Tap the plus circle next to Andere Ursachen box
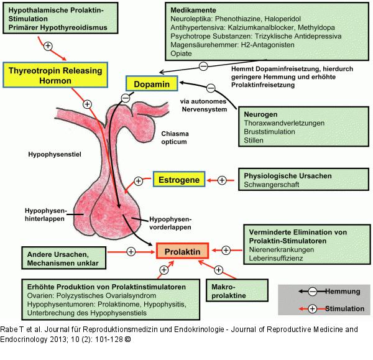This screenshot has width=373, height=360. click(x=131, y=251)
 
